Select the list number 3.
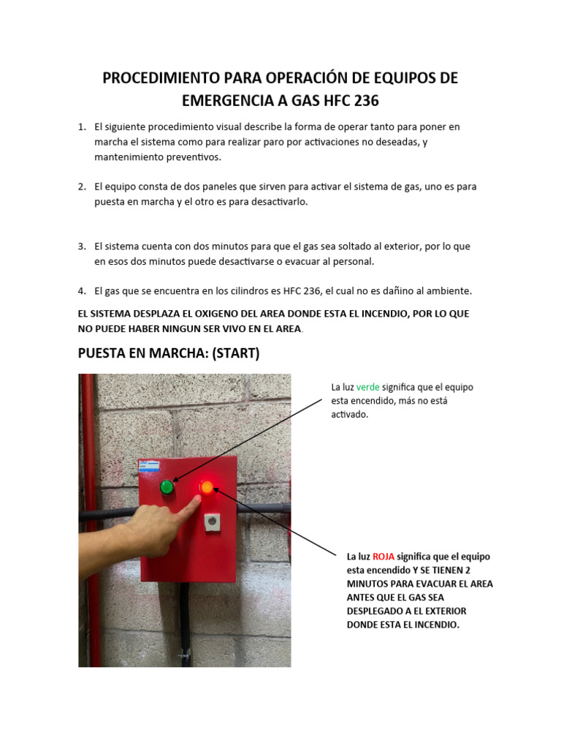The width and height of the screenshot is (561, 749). point(82,246)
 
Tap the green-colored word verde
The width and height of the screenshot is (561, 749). point(367,387)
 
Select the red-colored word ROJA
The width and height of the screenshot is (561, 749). point(383,557)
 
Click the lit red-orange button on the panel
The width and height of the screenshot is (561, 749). point(207,486)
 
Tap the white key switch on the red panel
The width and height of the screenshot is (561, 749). point(212,521)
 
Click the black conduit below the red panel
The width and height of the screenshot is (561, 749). point(186,622)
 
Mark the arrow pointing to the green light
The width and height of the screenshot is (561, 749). point(248,441)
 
